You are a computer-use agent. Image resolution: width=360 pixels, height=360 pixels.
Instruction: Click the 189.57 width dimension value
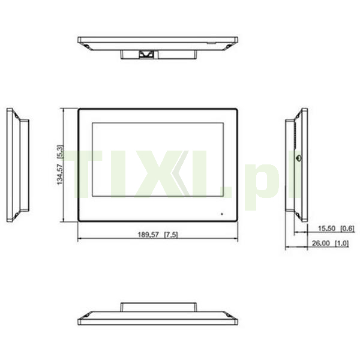point(148,235)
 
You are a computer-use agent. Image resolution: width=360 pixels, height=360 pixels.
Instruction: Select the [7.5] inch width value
point(171,235)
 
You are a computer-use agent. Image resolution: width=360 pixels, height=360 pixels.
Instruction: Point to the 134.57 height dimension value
point(59,175)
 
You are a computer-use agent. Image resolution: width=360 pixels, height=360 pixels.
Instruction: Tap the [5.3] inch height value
point(59,152)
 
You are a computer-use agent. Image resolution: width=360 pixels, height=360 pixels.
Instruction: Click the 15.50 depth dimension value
point(327,229)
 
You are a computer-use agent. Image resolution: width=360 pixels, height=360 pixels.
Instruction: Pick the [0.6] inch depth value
point(347,229)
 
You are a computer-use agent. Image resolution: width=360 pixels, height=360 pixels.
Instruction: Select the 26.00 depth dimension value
point(321,243)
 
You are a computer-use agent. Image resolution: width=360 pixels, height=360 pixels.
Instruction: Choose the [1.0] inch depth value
point(342,243)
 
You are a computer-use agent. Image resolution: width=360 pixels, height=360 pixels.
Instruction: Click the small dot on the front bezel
point(222,214)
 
